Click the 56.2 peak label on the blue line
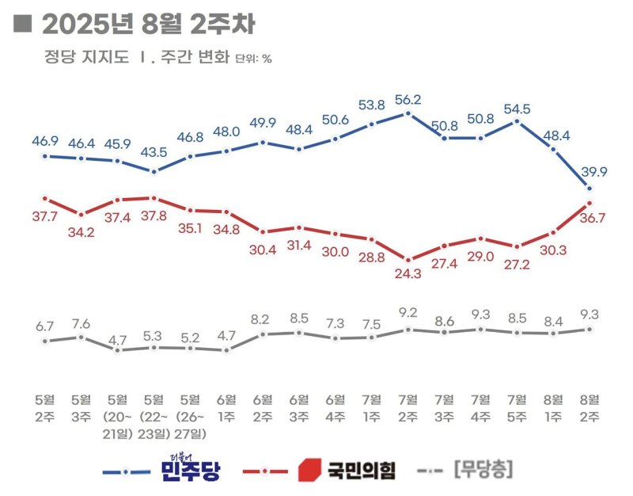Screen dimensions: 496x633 pos(407,100)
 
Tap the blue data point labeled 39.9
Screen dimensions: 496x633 pos(589,188)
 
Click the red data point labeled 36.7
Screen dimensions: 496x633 pos(589,204)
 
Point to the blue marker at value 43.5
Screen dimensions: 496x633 pos(154,171)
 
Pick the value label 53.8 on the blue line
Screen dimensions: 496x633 pos(371,105)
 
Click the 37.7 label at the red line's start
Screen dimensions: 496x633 pos(45,214)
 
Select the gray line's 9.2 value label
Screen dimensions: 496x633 pos(407,312)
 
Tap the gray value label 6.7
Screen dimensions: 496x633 pos(45,326)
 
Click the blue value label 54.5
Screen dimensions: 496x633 pos(517,108)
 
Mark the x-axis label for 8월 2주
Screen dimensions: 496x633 pos(589,406)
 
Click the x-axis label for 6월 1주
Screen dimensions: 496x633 pos(226,406)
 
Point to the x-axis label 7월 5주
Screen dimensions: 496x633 pos(517,406)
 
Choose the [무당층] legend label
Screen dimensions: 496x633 pos(483,470)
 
